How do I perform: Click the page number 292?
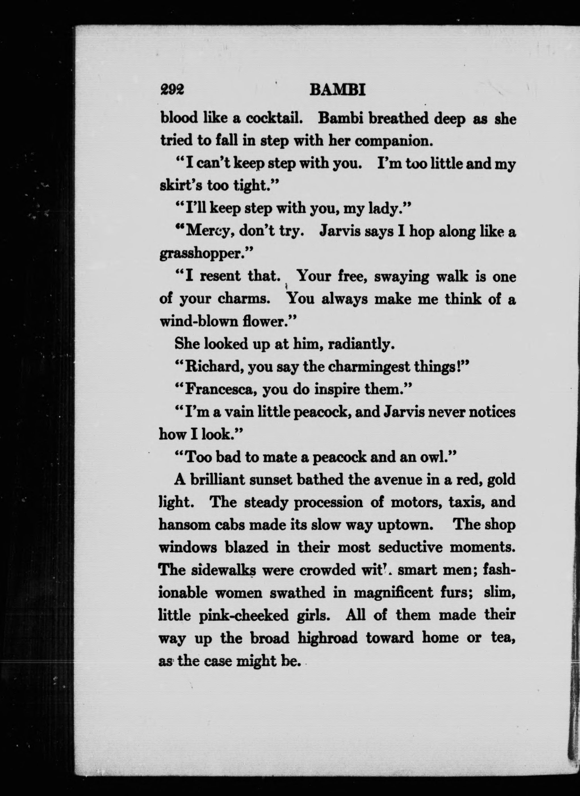(172, 90)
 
